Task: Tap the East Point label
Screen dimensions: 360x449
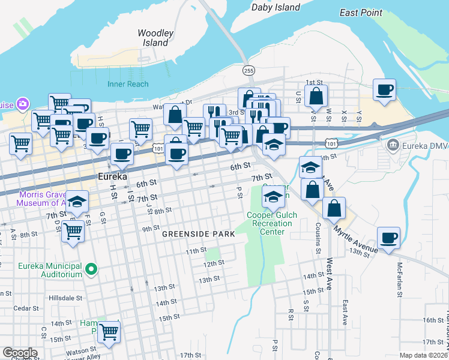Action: (360, 13)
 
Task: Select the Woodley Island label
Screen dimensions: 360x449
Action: (155, 38)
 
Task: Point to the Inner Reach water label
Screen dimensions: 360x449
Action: (128, 84)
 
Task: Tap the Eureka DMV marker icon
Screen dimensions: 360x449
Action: (393, 145)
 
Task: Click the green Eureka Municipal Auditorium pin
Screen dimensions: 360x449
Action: (91, 269)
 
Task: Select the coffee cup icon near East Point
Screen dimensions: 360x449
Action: (384, 90)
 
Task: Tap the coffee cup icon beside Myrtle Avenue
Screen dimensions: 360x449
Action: (388, 237)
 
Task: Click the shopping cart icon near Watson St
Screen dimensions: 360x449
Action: (109, 331)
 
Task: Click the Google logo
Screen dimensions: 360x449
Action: (19, 353)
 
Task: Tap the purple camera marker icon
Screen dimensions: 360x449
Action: (23, 104)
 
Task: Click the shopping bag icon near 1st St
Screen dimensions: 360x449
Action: (316, 95)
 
